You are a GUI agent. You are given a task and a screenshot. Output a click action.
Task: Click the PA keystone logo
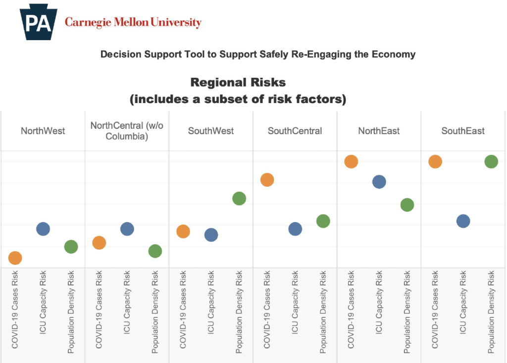pos(39,22)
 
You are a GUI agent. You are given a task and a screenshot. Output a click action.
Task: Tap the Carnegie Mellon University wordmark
pos(133,22)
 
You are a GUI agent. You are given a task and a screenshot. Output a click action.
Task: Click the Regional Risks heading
pos(238,83)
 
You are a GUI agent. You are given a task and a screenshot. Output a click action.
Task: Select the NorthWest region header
pos(43,131)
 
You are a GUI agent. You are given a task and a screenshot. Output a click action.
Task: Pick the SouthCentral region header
pos(295,131)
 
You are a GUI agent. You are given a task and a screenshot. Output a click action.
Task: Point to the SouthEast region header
pos(463,131)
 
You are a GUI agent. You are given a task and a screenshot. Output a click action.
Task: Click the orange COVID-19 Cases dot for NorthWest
pos(15,258)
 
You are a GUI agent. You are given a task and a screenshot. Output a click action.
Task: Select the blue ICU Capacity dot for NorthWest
pos(43,229)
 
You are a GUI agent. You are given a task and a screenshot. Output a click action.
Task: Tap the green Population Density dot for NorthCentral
pos(155,251)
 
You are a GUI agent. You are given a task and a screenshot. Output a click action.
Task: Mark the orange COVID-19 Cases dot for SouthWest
pos(183,231)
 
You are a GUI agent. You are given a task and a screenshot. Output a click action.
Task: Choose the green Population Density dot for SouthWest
pos(239,198)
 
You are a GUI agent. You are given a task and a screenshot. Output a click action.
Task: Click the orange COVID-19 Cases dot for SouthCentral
pos(267,180)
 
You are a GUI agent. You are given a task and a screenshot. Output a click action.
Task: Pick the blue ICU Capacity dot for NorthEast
pos(379,182)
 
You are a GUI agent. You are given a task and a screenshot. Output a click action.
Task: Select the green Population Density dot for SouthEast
pos(491,162)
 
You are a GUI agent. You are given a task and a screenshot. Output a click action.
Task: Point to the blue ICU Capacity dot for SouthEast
pos(463,221)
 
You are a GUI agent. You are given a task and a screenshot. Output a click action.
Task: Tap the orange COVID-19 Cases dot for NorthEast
pos(351,162)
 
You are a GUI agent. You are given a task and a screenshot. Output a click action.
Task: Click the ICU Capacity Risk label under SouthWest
pos(211,303)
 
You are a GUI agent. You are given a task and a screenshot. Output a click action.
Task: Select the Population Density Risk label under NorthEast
pos(407,312)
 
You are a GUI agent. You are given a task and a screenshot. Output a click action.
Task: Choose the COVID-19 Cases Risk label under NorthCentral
pos(99,310)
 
